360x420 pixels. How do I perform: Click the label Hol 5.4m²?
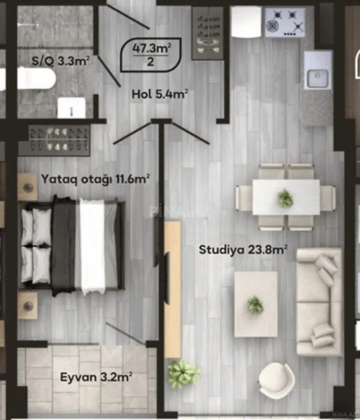point(160,94)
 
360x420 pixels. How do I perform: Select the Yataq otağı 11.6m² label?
point(96,179)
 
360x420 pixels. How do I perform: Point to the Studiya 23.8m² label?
point(243,250)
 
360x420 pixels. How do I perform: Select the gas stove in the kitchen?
point(284,22)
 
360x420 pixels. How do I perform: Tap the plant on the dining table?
point(285,198)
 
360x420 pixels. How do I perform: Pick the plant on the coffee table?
point(255,304)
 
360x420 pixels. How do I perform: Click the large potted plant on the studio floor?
point(183,374)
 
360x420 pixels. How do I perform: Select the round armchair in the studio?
point(276,381)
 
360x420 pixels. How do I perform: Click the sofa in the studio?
point(317,301)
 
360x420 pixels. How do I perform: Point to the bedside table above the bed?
point(28,187)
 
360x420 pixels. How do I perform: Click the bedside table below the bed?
point(27,305)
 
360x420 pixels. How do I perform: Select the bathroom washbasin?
point(71,108)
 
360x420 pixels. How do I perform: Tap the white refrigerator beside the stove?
point(246,22)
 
